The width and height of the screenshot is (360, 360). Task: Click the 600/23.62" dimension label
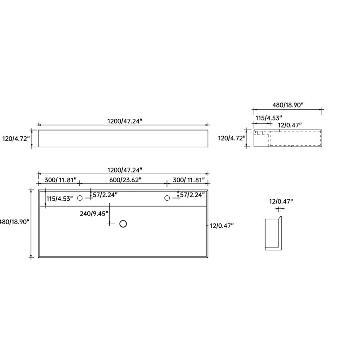[x=125, y=180]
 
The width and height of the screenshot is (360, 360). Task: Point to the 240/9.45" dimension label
[x=94, y=214]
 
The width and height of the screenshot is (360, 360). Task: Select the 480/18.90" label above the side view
[x=288, y=105]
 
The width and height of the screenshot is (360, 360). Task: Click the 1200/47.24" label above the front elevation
[x=125, y=121]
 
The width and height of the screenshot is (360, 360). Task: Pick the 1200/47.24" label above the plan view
[x=125, y=170]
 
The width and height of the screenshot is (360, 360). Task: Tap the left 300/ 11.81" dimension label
[x=60, y=180]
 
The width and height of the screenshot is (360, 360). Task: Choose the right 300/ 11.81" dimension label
[x=189, y=180]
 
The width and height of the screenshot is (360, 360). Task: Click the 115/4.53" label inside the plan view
[x=60, y=199]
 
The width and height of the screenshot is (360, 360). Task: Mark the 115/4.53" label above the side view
[x=269, y=118]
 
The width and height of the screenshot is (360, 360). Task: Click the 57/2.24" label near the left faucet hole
[x=105, y=195]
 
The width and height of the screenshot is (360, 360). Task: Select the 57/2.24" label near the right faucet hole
[x=193, y=195]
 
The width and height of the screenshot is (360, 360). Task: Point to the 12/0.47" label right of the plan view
[x=221, y=226]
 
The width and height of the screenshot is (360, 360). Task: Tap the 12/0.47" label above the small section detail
[x=281, y=202]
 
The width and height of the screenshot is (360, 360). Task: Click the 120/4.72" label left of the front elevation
[x=16, y=139]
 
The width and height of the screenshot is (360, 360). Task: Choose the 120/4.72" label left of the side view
[x=232, y=138]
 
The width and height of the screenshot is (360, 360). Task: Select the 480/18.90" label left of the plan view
[x=15, y=222]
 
